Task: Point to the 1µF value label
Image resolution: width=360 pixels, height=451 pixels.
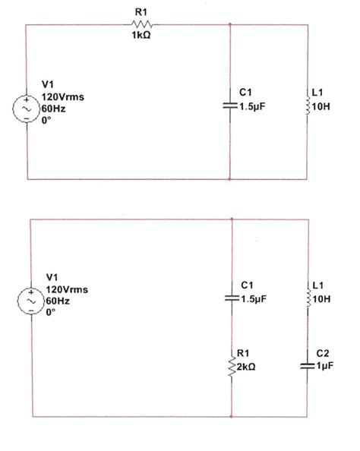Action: tap(324, 366)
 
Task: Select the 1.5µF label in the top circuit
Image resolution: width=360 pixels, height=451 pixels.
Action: tap(253, 107)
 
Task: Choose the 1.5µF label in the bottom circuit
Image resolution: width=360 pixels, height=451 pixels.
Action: tap(253, 299)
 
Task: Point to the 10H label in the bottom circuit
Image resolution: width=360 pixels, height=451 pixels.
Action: tap(322, 299)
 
